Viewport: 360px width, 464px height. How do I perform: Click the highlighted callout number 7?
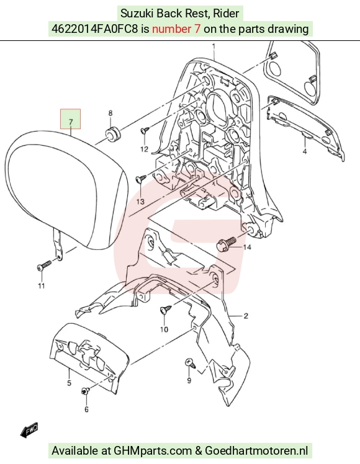71,122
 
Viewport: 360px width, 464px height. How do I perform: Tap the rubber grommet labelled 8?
112,134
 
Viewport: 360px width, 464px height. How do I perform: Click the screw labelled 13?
141,179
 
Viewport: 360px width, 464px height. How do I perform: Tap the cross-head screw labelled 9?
190,363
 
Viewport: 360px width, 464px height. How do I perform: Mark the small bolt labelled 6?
85,391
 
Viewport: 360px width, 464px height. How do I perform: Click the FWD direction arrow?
29,431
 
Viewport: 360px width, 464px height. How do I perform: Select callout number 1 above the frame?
214,47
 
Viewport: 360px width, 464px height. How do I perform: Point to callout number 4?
305,152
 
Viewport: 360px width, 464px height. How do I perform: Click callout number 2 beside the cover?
246,316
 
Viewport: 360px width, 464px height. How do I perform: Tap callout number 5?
69,383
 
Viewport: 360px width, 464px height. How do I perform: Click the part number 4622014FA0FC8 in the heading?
95,29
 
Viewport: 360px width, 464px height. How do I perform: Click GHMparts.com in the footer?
153,451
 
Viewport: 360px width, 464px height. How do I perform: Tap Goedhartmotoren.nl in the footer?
256,451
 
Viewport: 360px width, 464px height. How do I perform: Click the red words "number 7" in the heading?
176,29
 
